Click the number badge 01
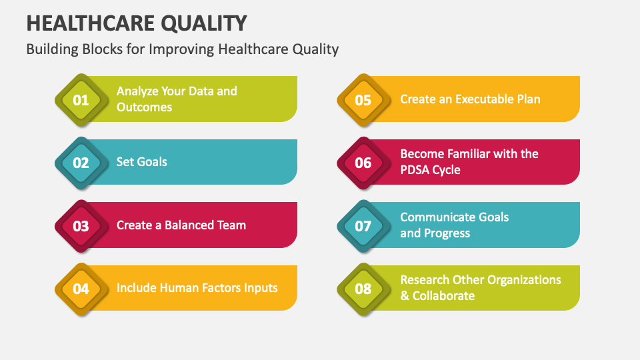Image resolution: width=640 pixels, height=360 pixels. [81, 101]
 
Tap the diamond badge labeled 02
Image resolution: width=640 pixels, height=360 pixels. [81, 163]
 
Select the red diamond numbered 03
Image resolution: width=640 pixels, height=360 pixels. [81, 226]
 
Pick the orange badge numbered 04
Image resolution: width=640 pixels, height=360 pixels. [81, 289]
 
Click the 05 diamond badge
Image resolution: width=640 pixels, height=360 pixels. [363, 101]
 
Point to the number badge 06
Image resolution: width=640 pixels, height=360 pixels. [363, 163]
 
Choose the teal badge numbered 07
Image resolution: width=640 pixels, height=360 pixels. [363, 226]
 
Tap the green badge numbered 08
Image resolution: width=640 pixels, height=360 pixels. [363, 289]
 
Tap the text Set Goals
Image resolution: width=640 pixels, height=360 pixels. [141, 162]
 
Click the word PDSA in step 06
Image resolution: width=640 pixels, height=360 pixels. [415, 170]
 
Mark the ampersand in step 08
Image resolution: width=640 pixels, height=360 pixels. [405, 296]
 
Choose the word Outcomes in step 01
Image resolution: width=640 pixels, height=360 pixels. [144, 107]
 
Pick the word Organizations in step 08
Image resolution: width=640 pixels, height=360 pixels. [521, 280]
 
